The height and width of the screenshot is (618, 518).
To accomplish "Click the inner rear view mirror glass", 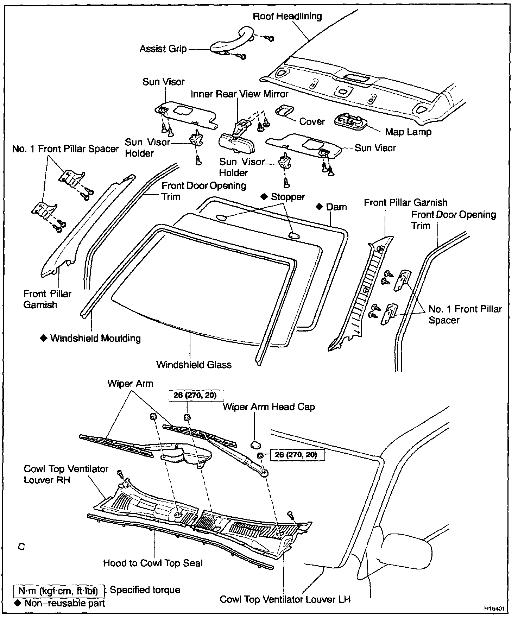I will tap(238, 143).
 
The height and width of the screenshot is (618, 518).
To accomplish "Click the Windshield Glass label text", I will tap(194, 364).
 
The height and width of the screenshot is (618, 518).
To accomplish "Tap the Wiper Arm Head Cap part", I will tap(254, 444).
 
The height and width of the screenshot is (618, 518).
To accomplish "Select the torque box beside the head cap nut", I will tap(297, 455).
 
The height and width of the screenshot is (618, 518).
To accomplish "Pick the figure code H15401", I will tap(494, 608).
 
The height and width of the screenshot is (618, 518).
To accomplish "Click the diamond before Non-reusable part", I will tap(18, 603).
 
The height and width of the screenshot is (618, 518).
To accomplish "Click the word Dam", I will tap(336, 207).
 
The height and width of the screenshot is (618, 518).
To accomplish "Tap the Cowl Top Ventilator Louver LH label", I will tap(285, 599).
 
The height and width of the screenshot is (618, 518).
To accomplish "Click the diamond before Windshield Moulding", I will tap(44, 338).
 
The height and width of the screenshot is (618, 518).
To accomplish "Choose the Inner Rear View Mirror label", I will tap(239, 94).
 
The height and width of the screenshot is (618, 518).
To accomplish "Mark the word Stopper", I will tap(288, 197).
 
